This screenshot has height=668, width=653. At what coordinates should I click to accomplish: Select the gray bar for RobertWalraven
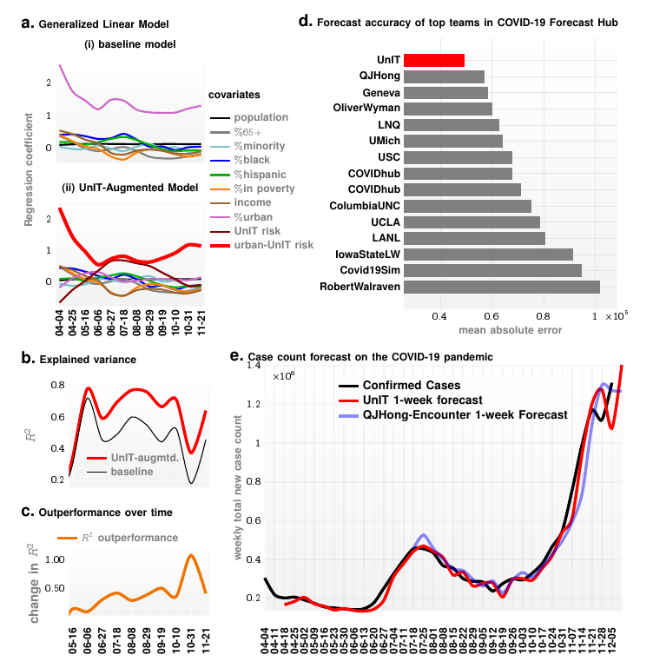[x=502, y=286]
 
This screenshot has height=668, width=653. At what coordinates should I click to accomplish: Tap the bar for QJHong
[x=444, y=76]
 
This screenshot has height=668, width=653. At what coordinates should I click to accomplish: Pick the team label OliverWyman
[x=366, y=108]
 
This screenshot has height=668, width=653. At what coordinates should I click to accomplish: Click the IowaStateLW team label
[x=366, y=254]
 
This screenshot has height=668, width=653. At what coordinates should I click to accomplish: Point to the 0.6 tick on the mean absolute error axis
[x=491, y=314]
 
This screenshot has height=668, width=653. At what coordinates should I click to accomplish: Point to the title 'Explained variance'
[x=83, y=358]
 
